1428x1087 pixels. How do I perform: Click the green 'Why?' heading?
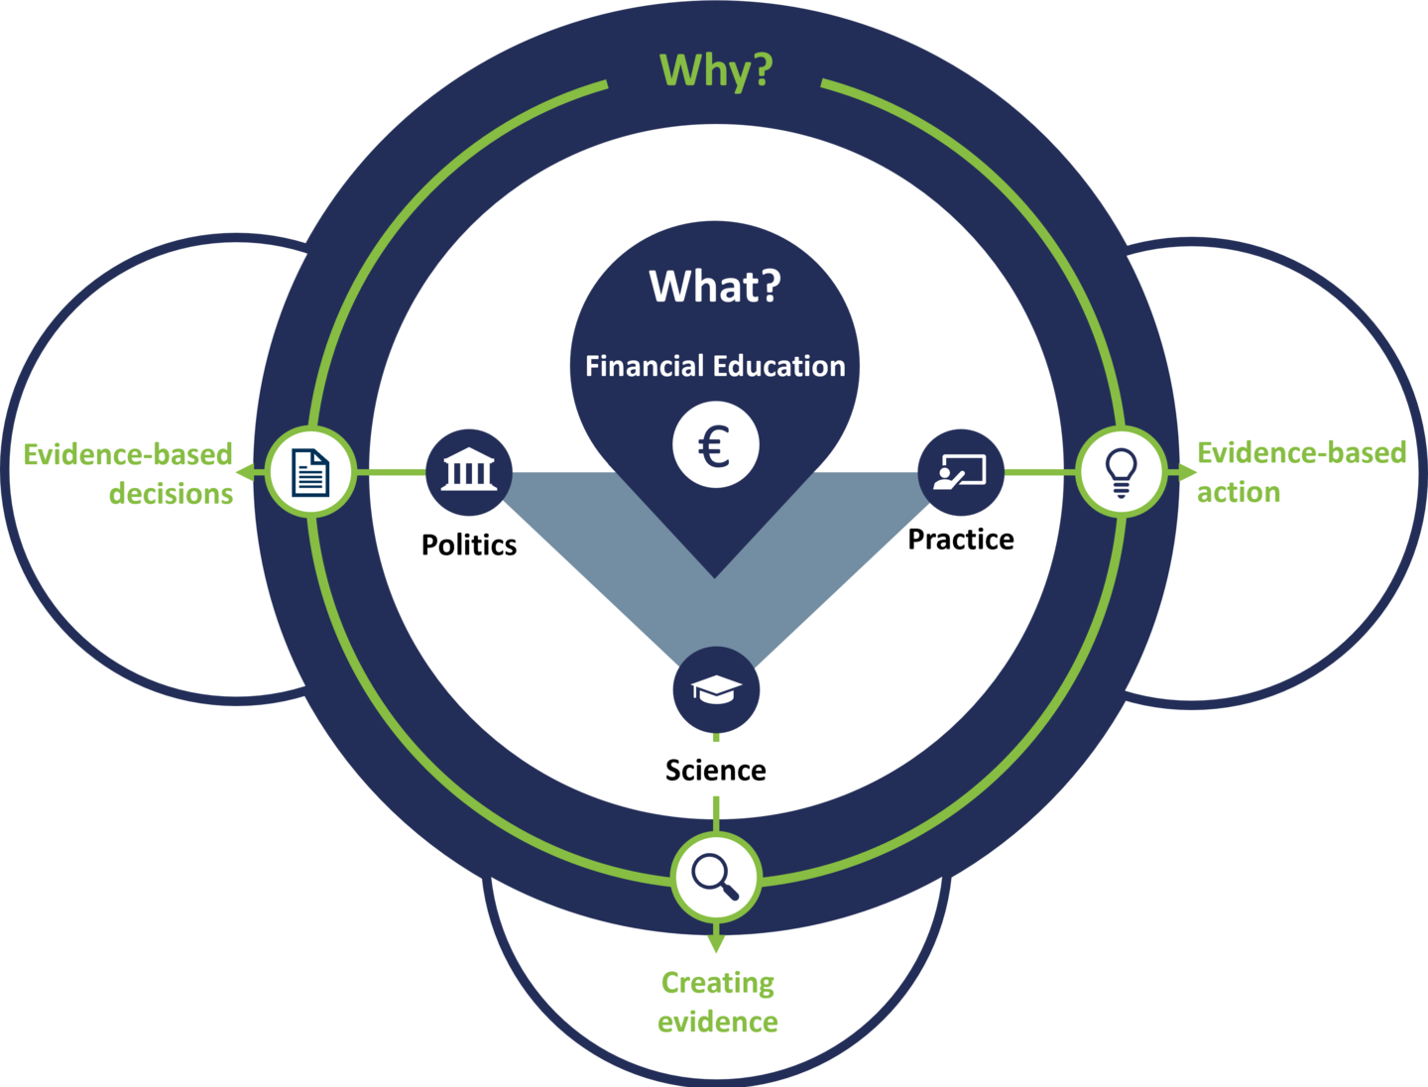coord(715,70)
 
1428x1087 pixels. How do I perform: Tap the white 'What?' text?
coord(715,287)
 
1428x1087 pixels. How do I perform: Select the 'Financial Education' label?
coord(715,366)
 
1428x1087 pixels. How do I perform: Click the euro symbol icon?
coord(715,445)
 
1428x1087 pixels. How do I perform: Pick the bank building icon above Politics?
coord(469,472)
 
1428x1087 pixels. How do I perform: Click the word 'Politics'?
coord(469,544)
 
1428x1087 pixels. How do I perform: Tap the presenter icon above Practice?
coord(961,472)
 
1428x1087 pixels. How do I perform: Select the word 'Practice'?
coord(961,540)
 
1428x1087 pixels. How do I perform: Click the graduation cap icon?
coord(716,689)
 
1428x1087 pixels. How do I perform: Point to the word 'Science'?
coord(715,771)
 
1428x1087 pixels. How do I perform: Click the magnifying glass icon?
coord(716,877)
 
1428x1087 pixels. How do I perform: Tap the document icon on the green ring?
coord(310,472)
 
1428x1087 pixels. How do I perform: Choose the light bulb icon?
coord(1121,472)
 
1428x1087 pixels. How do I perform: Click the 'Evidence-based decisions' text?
coord(129,474)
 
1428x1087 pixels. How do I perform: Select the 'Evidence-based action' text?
coord(1300,472)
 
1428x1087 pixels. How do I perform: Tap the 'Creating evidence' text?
coord(717,1002)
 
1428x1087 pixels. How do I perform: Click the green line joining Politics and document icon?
coord(390,472)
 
